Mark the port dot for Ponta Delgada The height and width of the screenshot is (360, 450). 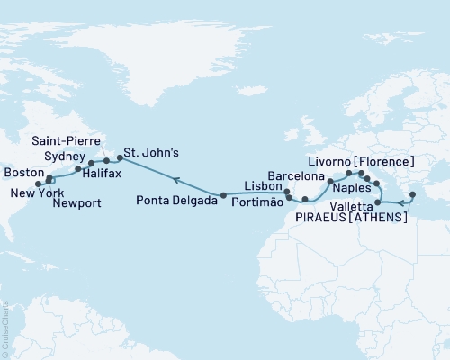pos(223,194)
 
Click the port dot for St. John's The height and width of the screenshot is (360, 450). pos(120,160)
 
